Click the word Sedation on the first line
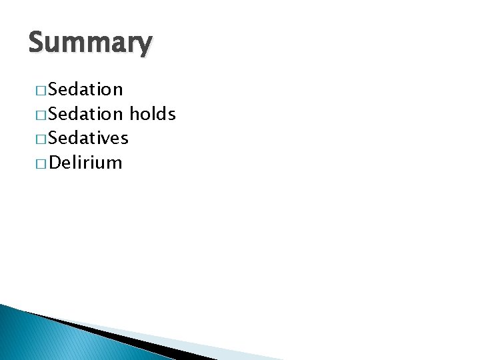click(86, 89)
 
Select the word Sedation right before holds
click(86, 114)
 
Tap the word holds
click(153, 114)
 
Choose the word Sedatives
click(89, 138)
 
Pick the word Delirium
click(85, 163)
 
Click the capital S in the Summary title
click(37, 43)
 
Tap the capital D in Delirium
click(55, 163)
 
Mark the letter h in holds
click(133, 114)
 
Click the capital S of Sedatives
click(53, 138)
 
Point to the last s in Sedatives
click(124, 139)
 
